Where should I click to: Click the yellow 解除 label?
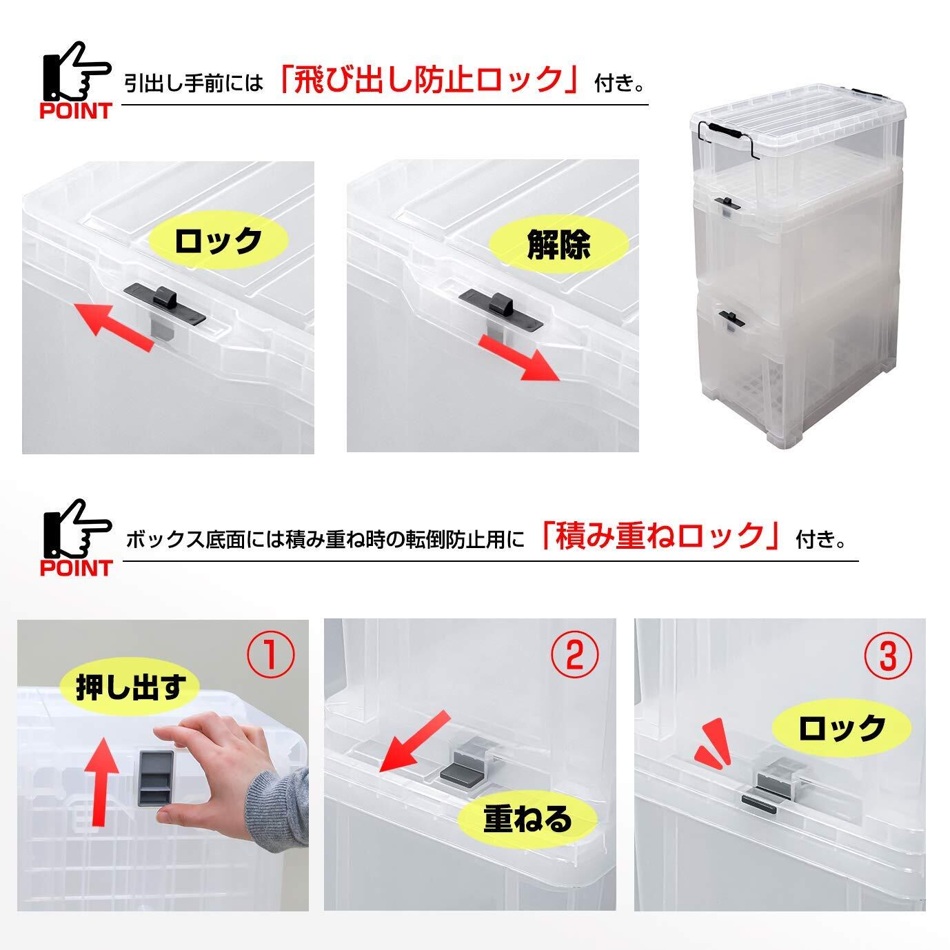pyautogui.click(x=558, y=245)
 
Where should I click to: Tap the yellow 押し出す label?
pyautogui.click(x=130, y=687)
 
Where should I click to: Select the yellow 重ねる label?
pyautogui.click(x=527, y=819)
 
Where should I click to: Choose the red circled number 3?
pyautogui.click(x=888, y=656)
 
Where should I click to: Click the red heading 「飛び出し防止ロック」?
pyautogui.click(x=429, y=79)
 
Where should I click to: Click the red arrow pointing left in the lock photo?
pyautogui.click(x=113, y=326)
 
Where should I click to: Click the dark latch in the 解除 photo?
pyautogui.click(x=501, y=310)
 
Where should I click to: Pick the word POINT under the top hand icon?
pyautogui.click(x=76, y=111)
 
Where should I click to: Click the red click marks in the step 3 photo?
pyautogui.click(x=713, y=747)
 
